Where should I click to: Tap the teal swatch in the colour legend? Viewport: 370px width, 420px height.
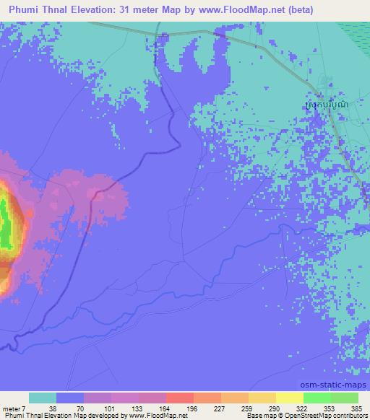pyautogui.click(x=43, y=398)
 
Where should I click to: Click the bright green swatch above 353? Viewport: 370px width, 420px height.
pyautogui.click(x=317, y=398)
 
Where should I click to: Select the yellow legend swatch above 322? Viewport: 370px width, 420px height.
pyautogui.click(x=289, y=398)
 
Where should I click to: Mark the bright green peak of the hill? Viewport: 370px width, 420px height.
pyautogui.click(x=5, y=220)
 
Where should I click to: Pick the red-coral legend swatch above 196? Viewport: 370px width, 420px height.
pyautogui.click(x=179, y=398)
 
